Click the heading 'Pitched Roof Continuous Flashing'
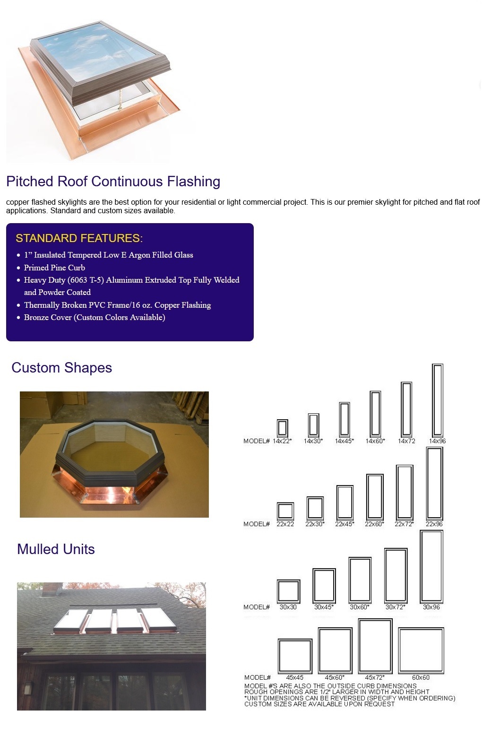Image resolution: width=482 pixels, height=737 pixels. (x=113, y=182)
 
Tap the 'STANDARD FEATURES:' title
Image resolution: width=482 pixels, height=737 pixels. (x=79, y=238)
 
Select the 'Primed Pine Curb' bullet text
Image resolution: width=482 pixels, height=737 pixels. (x=54, y=268)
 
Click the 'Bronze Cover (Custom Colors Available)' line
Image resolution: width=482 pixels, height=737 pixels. (x=95, y=317)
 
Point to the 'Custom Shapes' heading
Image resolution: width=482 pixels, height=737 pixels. (x=62, y=368)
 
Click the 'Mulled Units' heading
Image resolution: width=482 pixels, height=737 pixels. (x=56, y=549)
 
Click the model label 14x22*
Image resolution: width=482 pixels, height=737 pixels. (x=282, y=441)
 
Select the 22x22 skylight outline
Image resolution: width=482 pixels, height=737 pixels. (x=277, y=512)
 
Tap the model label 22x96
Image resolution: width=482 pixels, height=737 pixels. (x=434, y=524)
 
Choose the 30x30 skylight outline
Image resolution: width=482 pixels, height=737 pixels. (x=278, y=591)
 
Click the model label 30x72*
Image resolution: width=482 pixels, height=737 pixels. (x=395, y=607)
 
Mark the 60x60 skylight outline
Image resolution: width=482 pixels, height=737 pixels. (x=399, y=650)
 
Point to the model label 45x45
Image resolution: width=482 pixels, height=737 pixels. (x=294, y=677)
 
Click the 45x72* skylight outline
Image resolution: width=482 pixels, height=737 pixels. (x=359, y=646)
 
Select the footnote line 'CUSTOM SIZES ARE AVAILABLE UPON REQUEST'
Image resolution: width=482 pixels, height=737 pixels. (x=319, y=704)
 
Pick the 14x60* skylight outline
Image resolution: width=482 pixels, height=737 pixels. (x=370, y=414)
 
